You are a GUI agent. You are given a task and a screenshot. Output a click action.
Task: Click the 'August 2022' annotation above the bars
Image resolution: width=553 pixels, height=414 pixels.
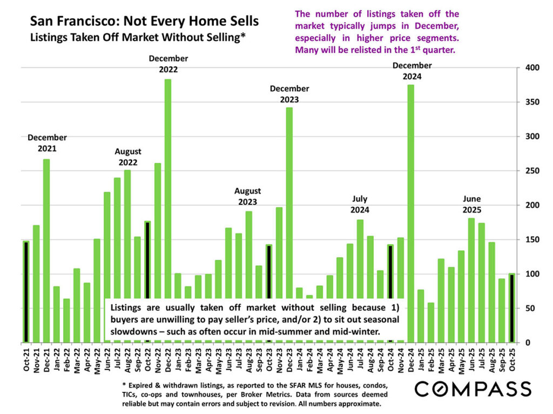coord(128,157)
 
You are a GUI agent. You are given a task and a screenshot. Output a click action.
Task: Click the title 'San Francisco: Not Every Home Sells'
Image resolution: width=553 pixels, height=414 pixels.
coord(144,22)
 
